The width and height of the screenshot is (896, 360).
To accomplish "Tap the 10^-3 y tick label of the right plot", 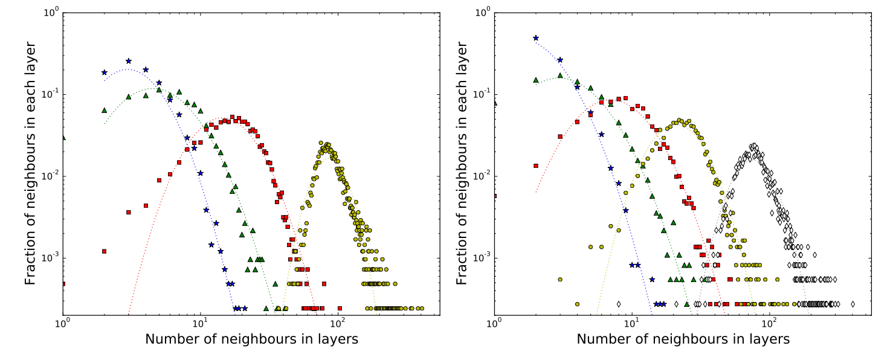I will [x=481, y=259].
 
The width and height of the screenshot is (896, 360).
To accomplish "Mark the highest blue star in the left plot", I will [x=129, y=61].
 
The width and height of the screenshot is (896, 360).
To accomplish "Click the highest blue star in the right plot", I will [x=536, y=38].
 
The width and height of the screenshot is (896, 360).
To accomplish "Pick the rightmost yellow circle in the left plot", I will [x=421, y=308].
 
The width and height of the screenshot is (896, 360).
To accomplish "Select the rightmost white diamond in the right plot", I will [x=852, y=304].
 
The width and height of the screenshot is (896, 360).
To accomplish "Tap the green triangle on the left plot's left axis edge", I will [x=63, y=138].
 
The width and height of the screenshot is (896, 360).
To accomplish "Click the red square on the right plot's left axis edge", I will [x=495, y=196].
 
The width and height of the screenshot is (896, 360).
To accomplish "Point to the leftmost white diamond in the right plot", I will [x=619, y=304].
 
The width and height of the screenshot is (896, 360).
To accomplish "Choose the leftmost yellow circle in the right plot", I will [x=560, y=280].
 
